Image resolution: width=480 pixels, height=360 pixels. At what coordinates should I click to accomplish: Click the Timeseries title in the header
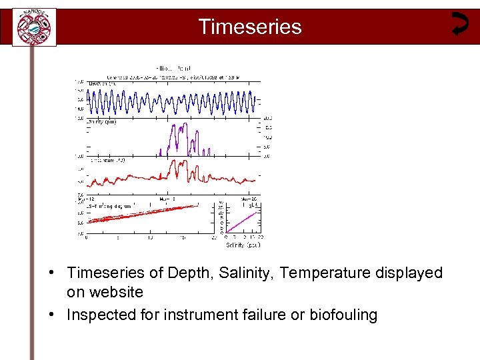[x=250, y=27]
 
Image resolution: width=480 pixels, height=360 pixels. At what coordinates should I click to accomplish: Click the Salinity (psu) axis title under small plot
[x=243, y=245]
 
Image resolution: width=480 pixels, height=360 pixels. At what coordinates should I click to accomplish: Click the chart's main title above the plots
[x=173, y=68]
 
